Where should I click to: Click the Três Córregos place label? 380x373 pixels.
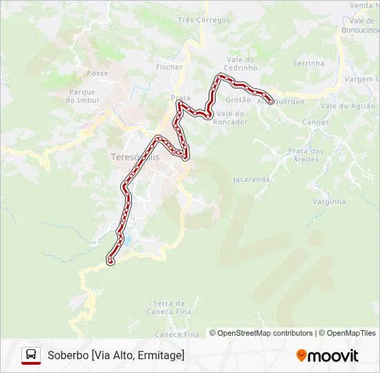(204, 20)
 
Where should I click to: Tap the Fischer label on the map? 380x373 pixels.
(169, 67)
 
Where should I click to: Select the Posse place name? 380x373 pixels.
(98, 73)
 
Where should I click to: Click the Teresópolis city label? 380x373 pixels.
(135, 157)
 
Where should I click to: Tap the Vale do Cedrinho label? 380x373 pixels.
(240, 64)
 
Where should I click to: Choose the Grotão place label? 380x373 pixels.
(238, 100)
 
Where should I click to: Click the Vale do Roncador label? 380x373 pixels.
(231, 117)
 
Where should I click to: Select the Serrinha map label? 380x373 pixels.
(308, 63)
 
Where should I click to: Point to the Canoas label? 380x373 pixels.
(316, 122)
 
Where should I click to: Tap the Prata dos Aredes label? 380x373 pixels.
(306, 155)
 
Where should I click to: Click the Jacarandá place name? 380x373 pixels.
(251, 179)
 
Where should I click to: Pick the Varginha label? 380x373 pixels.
(329, 202)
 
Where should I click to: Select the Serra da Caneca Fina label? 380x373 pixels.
(169, 307)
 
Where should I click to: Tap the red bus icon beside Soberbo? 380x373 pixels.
(31, 355)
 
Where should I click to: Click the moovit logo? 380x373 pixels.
(327, 356)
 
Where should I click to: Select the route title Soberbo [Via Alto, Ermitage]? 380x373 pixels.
(116, 355)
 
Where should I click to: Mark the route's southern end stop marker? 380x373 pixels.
(110, 260)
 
